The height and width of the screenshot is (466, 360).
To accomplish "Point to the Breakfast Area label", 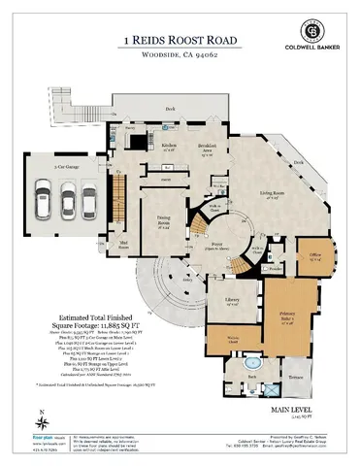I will (x=205, y=147).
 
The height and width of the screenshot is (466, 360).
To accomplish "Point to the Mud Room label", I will (x=124, y=244).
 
